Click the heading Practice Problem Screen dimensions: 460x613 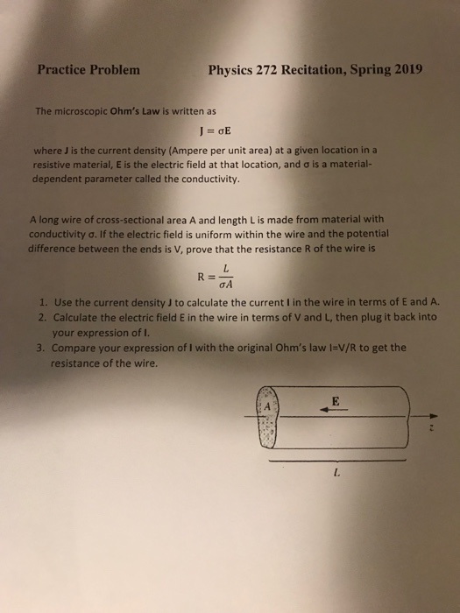pyautogui.click(x=88, y=71)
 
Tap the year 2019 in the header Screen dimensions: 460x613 pyautogui.click(x=402, y=71)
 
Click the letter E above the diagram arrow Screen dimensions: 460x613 pyautogui.click(x=335, y=401)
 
